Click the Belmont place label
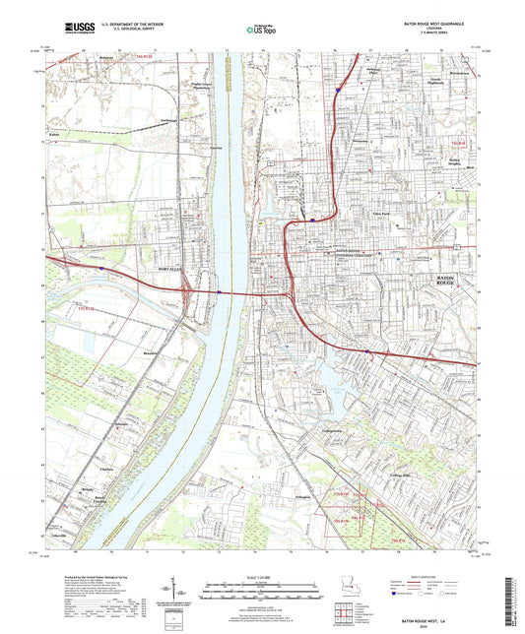coord(105,58)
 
